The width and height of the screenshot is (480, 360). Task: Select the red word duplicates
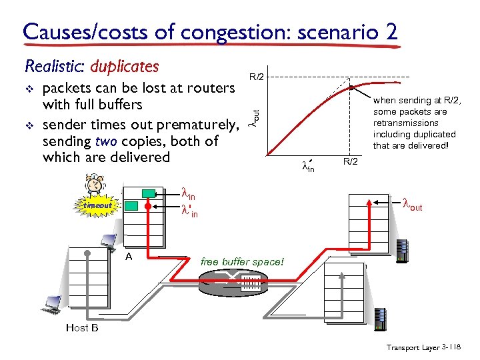(x=125, y=66)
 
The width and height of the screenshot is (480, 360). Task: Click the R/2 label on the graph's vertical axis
(x=257, y=77)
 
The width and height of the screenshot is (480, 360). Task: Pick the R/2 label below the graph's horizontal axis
(x=351, y=161)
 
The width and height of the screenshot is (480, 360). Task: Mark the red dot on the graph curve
(x=351, y=87)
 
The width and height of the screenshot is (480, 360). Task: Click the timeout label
(x=97, y=206)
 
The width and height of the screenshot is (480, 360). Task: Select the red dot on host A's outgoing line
(x=149, y=206)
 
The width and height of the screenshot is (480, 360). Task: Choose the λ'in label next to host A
(x=190, y=212)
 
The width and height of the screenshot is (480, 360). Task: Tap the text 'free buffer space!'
(x=242, y=262)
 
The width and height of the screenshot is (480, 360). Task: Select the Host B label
(x=82, y=327)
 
